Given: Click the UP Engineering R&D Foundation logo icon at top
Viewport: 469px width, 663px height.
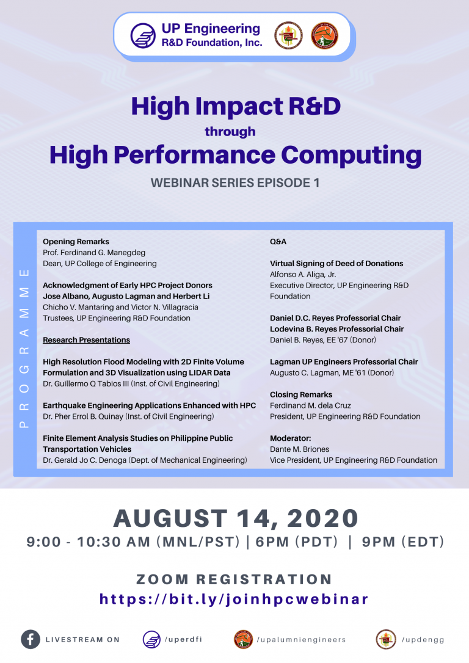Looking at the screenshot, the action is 143,35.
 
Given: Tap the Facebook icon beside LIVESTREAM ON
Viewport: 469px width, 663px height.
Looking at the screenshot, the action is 31,639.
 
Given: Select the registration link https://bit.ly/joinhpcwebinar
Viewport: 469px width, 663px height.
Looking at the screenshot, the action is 234,599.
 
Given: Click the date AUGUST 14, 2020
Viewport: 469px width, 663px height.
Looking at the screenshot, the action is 236,518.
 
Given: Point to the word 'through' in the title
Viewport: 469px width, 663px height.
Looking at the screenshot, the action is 230,131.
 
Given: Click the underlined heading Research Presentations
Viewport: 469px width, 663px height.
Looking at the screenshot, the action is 86,340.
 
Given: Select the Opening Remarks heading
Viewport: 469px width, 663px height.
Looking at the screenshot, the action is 76,241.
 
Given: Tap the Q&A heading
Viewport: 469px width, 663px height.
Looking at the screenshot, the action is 278,241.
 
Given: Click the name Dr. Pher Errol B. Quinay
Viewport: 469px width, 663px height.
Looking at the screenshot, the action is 83,416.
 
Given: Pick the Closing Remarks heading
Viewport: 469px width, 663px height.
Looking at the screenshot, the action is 300,394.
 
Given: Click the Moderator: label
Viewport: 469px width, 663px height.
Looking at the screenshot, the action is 290,438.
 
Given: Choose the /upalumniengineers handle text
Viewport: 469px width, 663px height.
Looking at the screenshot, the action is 301,640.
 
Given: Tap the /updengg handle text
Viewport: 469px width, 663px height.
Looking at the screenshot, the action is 423,640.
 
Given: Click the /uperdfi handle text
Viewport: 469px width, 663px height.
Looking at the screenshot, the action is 183,639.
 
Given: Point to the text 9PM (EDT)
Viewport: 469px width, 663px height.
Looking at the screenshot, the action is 403,542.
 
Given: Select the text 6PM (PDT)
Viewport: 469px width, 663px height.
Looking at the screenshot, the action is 297,542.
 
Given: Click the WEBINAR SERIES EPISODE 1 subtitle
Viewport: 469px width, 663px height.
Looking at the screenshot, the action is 235,183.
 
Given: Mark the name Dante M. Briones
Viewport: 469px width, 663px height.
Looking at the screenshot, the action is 299,449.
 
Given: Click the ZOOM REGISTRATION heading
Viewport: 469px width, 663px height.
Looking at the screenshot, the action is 234,579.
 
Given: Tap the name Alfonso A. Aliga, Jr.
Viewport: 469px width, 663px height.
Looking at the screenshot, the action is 303,274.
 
